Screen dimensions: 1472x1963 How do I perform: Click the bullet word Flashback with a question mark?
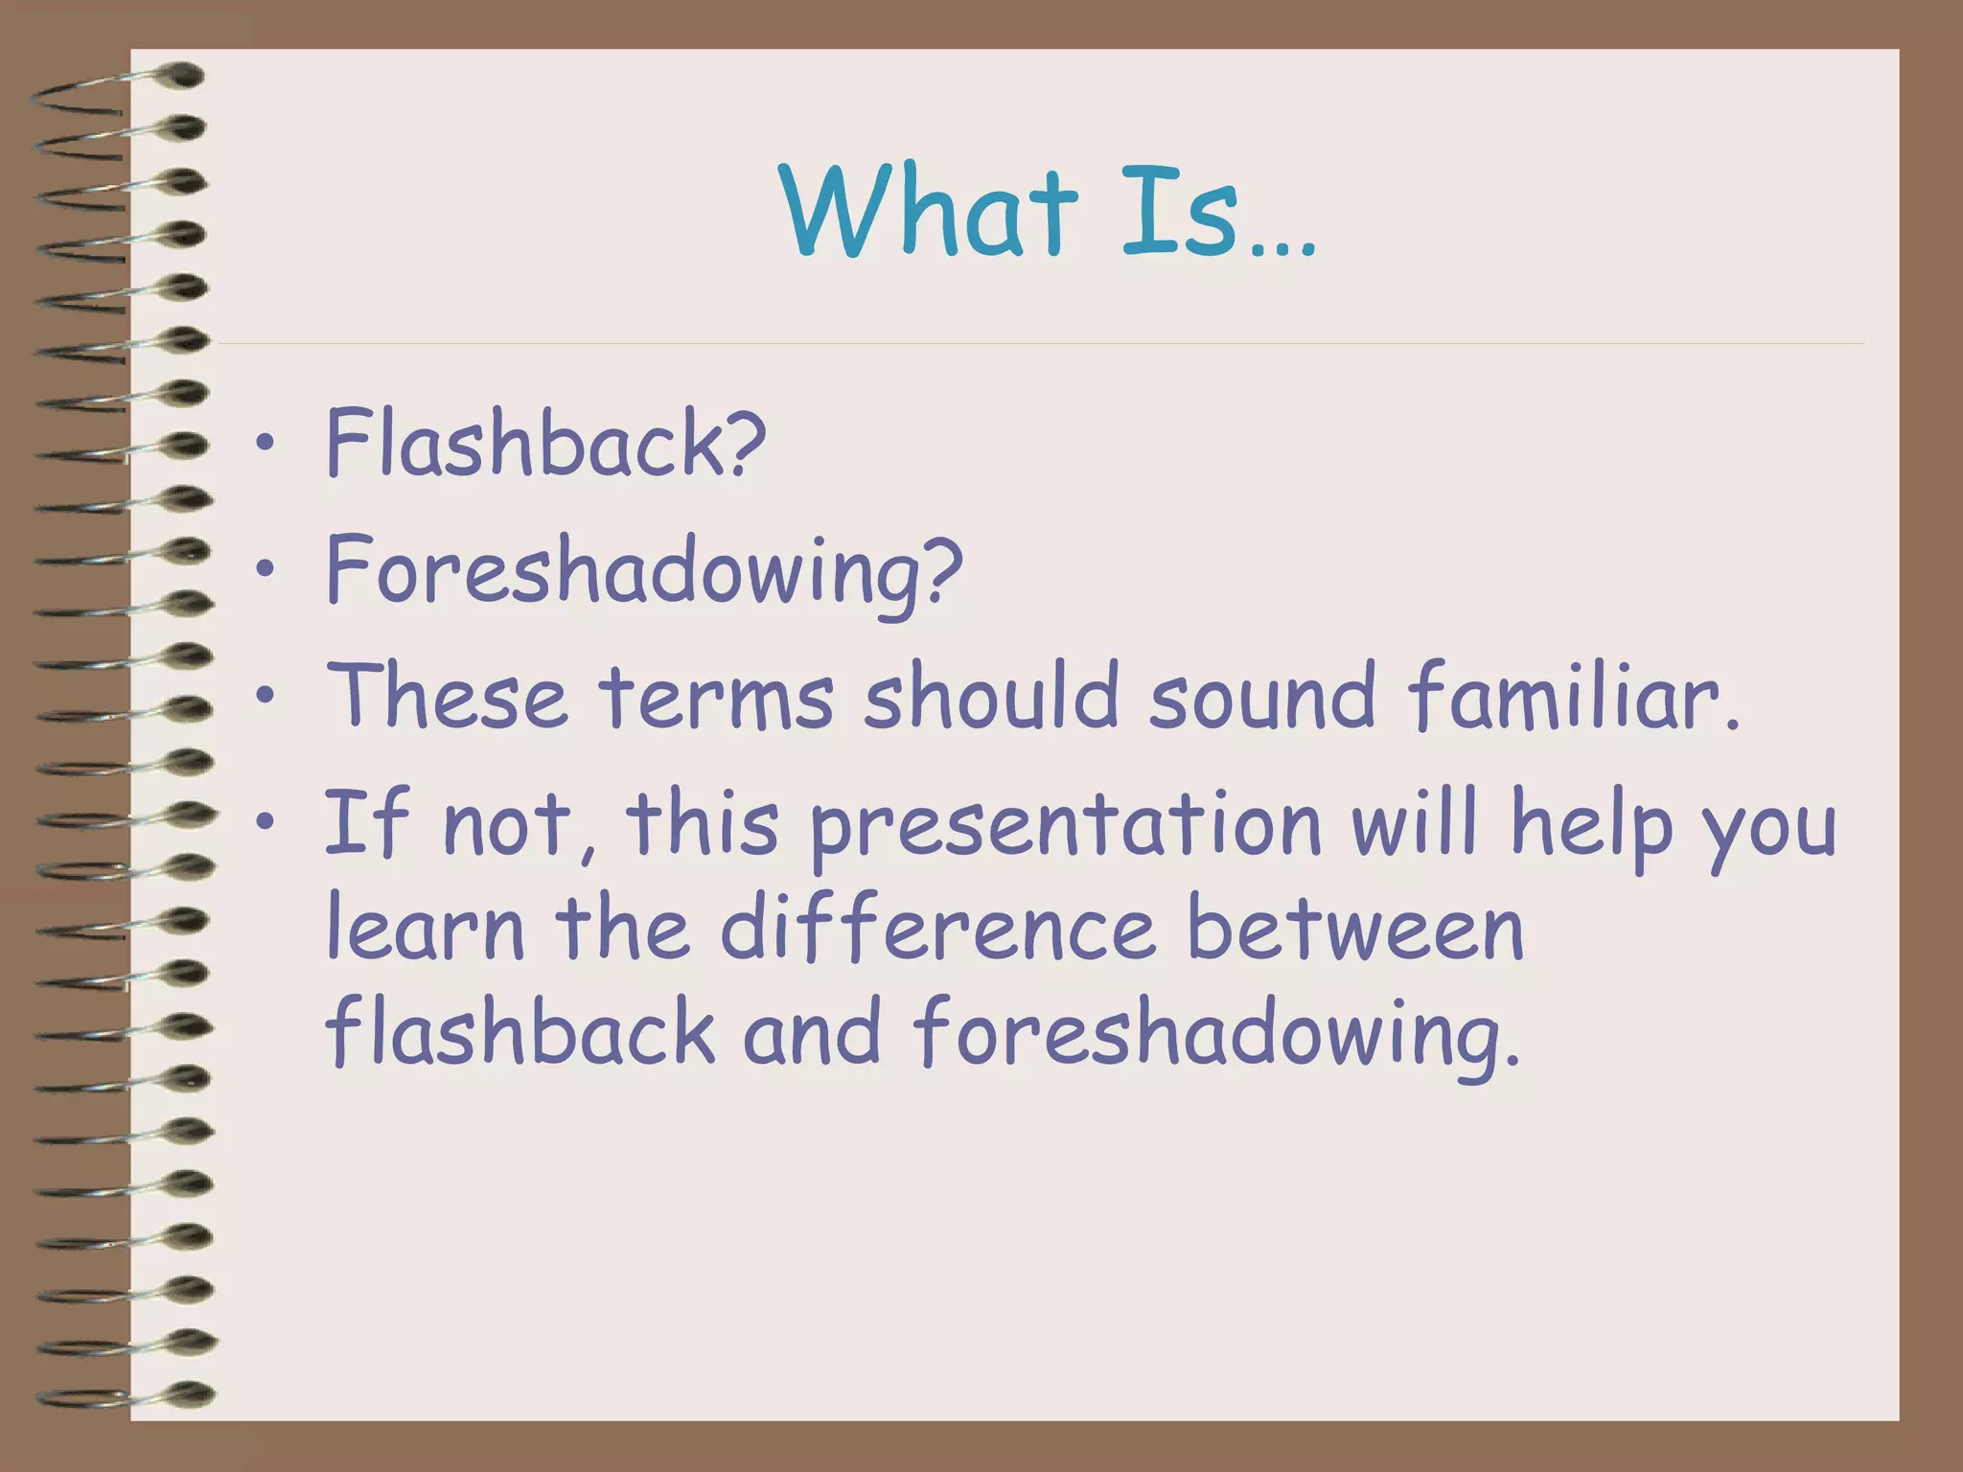[545, 443]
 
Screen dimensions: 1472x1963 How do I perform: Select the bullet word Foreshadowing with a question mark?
[643, 571]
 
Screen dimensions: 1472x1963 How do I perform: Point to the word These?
[447, 696]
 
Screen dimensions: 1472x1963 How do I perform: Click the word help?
[1591, 824]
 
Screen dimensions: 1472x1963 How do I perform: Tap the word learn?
[426, 930]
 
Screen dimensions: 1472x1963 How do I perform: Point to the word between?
[1355, 930]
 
